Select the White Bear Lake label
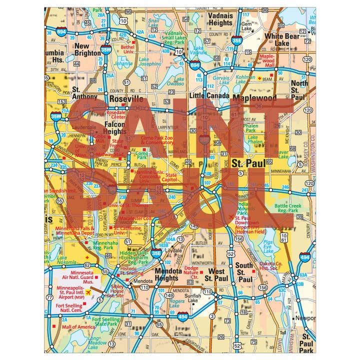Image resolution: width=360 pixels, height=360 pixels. [284, 40]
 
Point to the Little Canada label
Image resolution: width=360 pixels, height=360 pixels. [209, 95]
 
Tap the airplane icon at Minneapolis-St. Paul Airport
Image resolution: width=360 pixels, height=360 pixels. [88, 292]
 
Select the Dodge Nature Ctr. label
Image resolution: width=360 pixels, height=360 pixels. [191, 272]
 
